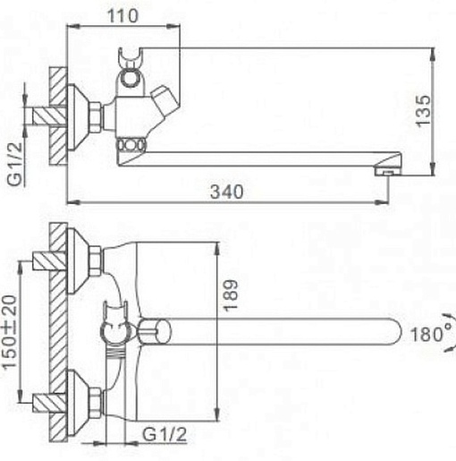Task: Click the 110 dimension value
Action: pyautogui.click(x=122, y=16)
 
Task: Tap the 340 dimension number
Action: pyautogui.click(x=227, y=192)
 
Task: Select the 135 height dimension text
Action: pyautogui.click(x=424, y=111)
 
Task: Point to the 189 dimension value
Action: pyautogui.click(x=231, y=295)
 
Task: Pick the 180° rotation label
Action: pyautogui.click(x=432, y=334)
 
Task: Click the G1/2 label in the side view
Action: pyautogui.click(x=15, y=164)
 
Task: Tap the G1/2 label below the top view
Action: pyautogui.click(x=165, y=434)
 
